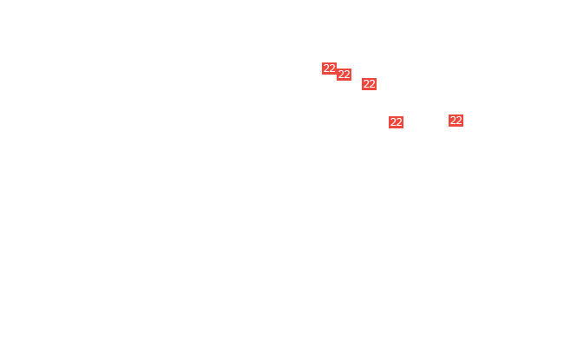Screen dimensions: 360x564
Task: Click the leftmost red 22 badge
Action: (x=329, y=69)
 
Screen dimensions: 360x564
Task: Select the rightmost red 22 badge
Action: (x=456, y=121)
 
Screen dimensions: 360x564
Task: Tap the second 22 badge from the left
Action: (x=344, y=75)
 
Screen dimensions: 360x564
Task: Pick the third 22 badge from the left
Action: (x=369, y=84)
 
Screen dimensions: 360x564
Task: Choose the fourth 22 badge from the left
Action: (x=396, y=122)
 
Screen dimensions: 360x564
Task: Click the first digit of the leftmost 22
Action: (x=326, y=69)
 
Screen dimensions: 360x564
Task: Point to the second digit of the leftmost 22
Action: (x=332, y=69)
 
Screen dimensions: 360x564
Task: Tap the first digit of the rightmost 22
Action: (x=453, y=121)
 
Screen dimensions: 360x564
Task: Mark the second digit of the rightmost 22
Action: (x=459, y=121)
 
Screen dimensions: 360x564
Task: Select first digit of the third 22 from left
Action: (x=366, y=84)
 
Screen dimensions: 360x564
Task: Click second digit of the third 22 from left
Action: (x=372, y=84)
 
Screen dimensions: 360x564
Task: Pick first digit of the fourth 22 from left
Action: (x=393, y=122)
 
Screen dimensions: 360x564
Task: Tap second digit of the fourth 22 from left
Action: (x=399, y=122)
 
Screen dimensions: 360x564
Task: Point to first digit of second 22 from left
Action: (x=341, y=75)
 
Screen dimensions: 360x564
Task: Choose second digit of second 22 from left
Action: (x=347, y=75)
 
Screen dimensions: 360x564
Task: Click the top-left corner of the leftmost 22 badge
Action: (x=322, y=62)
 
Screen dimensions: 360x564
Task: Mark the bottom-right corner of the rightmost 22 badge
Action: (x=463, y=127)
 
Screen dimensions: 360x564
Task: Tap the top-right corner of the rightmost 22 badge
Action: (x=463, y=115)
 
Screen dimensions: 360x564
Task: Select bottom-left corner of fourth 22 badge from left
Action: (x=389, y=128)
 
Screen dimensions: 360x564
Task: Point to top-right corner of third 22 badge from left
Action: (x=377, y=78)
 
